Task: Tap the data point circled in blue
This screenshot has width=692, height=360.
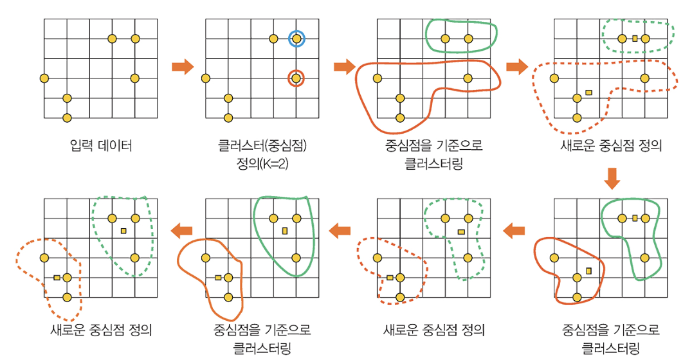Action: pyautogui.click(x=296, y=39)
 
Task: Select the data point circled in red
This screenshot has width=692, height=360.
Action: pyautogui.click(x=295, y=78)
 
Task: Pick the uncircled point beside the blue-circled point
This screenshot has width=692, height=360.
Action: pyautogui.click(x=273, y=39)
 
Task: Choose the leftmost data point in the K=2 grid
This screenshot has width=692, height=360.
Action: pyautogui.click(x=205, y=78)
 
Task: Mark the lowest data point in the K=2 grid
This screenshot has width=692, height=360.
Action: pyautogui.click(x=228, y=118)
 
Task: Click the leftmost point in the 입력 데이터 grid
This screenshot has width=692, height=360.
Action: pyautogui.click(x=44, y=78)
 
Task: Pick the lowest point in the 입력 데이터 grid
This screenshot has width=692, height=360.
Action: pyautogui.click(x=67, y=118)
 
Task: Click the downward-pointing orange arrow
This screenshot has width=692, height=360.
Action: pyautogui.click(x=612, y=178)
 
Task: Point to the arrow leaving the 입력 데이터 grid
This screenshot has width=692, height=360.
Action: pyautogui.click(x=183, y=66)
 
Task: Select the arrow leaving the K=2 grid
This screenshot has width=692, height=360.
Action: pyautogui.click(x=345, y=66)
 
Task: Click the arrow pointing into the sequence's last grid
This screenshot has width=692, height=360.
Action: pyautogui.click(x=183, y=230)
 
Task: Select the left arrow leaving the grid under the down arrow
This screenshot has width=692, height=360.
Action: pyautogui.click(x=514, y=230)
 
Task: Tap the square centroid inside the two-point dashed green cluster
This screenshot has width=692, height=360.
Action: pyautogui.click(x=635, y=39)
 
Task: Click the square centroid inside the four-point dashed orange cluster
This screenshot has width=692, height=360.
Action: pyautogui.click(x=588, y=93)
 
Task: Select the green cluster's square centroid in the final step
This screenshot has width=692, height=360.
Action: pyautogui.click(x=123, y=230)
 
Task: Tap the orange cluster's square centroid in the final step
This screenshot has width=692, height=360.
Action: pyautogui.click(x=57, y=278)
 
